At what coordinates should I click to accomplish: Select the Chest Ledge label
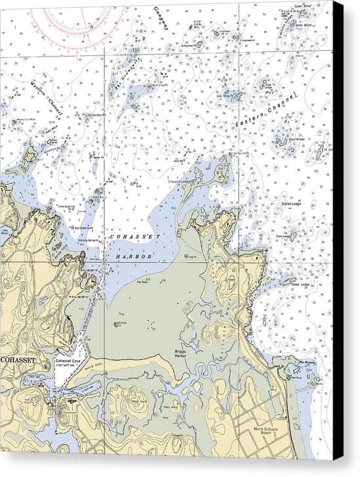[284, 236]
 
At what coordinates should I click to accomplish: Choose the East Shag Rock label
[227, 95]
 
